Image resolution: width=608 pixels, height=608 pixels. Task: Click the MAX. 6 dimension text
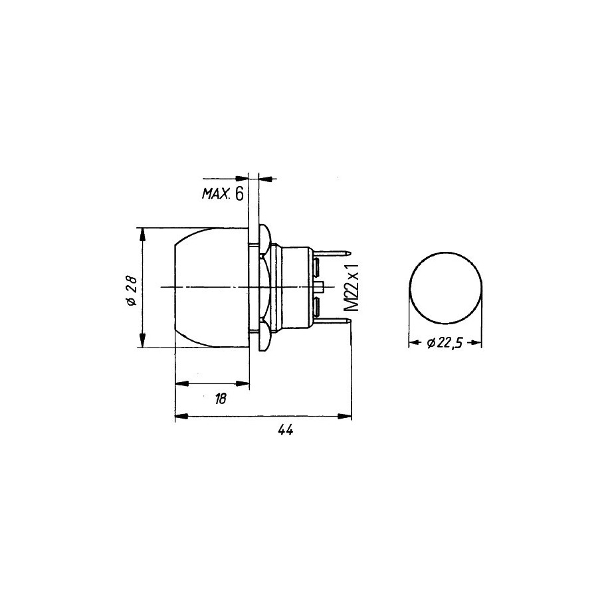223,194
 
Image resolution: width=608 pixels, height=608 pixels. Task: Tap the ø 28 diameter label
132,290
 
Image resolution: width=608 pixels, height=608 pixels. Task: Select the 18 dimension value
220,399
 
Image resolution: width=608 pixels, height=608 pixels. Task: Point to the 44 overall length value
285,430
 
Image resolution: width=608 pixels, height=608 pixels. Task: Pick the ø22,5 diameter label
445,343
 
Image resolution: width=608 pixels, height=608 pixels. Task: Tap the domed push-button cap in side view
212,287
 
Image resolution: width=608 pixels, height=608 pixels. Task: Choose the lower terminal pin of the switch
332,321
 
